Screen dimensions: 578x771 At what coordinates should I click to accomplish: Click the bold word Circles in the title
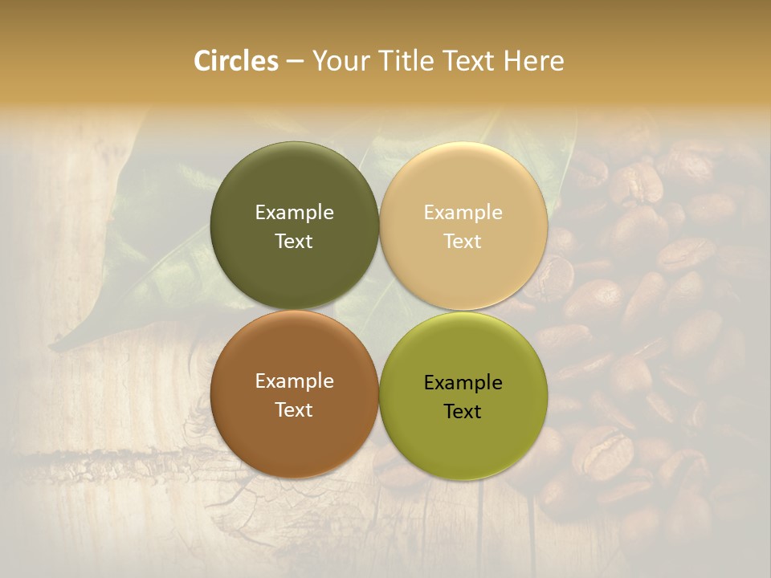click(x=236, y=61)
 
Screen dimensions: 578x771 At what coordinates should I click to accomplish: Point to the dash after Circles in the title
click(x=295, y=62)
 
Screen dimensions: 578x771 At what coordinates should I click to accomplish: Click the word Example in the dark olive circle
click(x=294, y=213)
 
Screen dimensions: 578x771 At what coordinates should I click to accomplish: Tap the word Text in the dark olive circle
click(x=294, y=241)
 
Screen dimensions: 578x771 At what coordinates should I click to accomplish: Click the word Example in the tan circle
click(x=463, y=213)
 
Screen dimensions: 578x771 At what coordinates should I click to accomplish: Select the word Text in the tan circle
click(x=463, y=241)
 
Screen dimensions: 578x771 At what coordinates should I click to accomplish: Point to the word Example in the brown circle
click(x=294, y=381)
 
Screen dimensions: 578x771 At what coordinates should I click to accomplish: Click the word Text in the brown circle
click(x=294, y=409)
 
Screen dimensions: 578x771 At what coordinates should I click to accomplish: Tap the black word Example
click(x=463, y=383)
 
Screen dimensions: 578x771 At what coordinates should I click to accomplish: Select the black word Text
click(x=463, y=411)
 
